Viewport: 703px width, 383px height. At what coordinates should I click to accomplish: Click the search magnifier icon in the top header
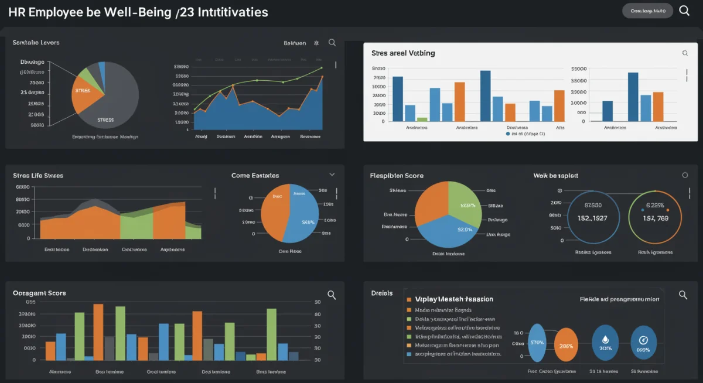point(684,11)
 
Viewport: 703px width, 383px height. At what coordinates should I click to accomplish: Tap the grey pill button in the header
point(647,11)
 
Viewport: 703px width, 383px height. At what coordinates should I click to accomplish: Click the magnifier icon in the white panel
point(685,53)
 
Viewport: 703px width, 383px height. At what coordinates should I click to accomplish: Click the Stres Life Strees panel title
point(37,175)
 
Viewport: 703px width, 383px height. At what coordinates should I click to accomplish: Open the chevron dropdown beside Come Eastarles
point(332,175)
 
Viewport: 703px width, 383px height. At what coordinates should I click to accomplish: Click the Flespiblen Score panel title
point(396,175)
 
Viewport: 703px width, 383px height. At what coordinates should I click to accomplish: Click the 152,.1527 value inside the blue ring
point(593,218)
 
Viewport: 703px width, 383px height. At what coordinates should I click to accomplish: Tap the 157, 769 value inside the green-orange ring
point(655,218)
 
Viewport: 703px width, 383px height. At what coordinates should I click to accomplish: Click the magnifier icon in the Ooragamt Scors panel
point(332,295)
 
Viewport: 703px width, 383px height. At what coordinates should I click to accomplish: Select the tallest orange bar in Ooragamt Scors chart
point(98,331)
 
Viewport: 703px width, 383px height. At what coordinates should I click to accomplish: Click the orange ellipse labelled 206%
point(566,345)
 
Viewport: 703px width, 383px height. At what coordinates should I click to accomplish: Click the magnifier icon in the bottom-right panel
point(682,295)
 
